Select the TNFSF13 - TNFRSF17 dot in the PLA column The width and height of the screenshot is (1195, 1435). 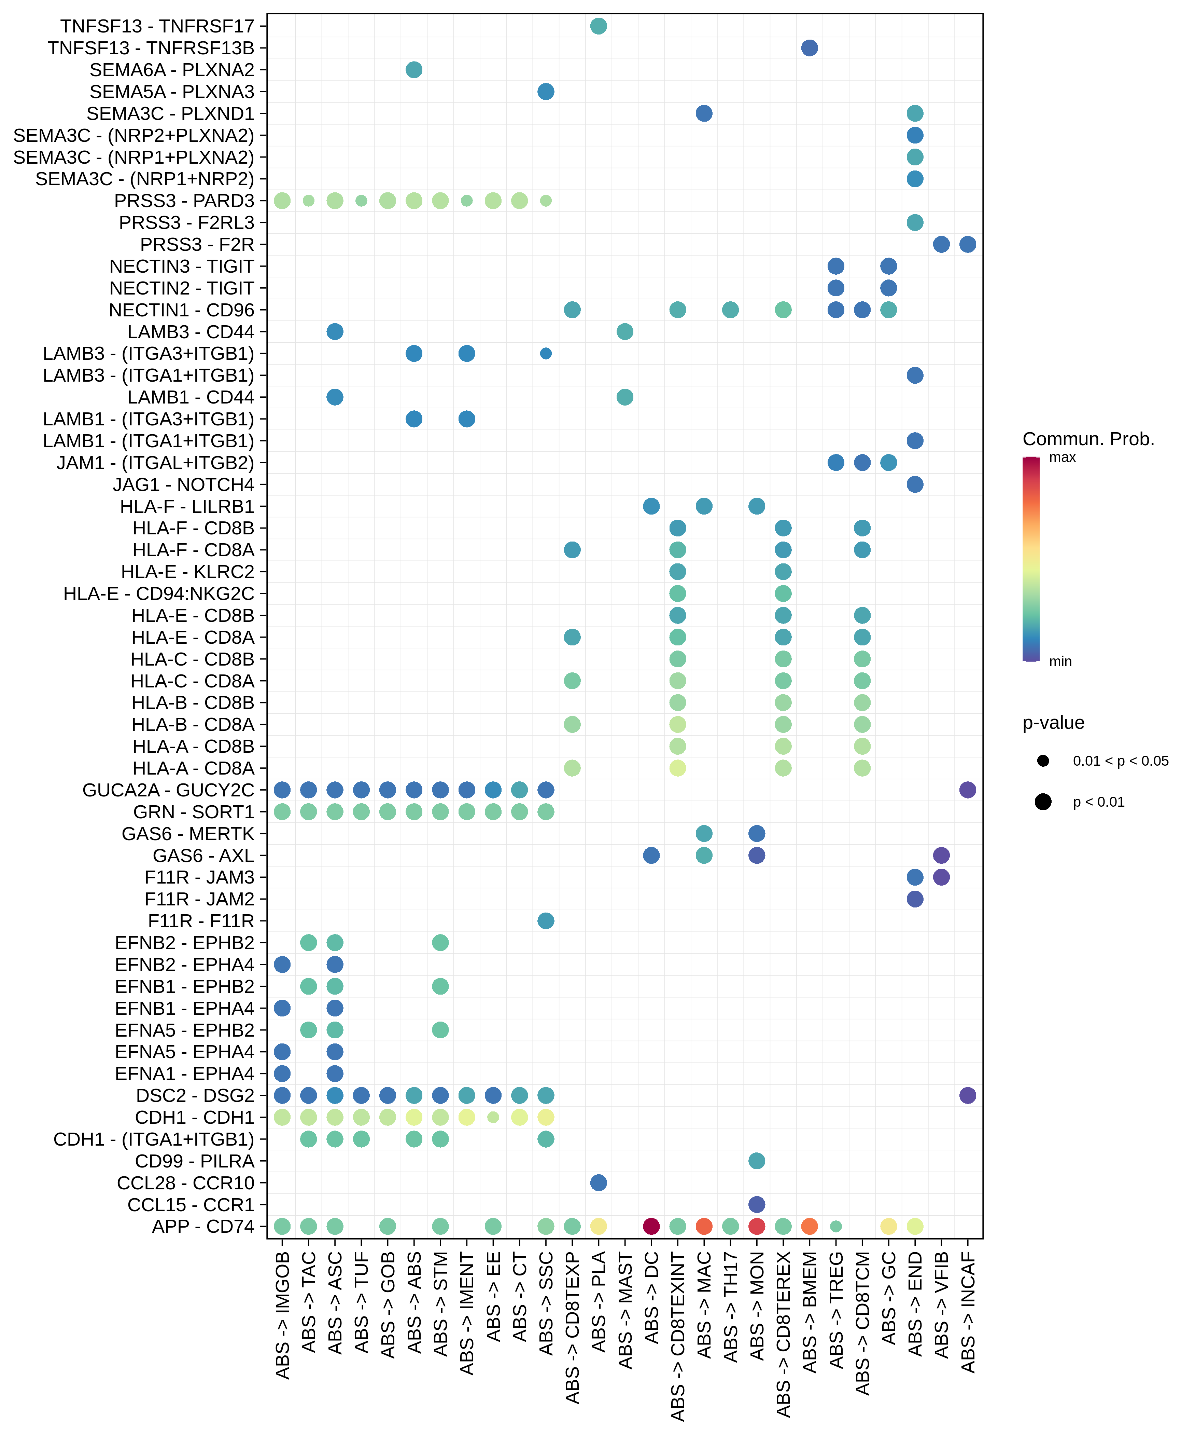coord(598,26)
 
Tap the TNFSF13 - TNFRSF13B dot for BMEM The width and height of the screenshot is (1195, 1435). coord(809,48)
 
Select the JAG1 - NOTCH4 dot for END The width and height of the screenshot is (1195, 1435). coord(915,484)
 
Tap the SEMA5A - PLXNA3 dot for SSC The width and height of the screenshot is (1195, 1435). coord(546,92)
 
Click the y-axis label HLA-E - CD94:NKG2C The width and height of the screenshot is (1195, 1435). coord(158,594)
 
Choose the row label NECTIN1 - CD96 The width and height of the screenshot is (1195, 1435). coord(181,310)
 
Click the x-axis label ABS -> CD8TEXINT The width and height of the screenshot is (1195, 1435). coord(677,1336)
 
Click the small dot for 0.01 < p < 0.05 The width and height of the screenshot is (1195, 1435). coord(1043,761)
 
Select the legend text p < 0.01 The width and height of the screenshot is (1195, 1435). coord(1098,802)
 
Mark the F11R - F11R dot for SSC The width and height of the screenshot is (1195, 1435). coord(546,920)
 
